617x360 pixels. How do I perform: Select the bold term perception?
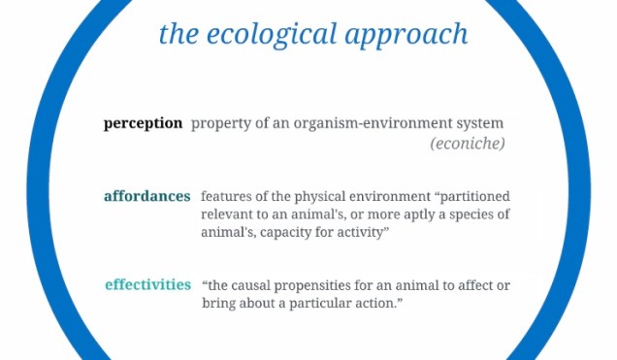[x=143, y=123]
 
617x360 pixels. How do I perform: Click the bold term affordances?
[x=147, y=196]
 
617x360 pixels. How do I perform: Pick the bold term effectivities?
[x=147, y=284]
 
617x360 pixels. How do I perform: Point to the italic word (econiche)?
[x=468, y=144]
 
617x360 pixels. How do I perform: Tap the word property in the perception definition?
[x=219, y=124]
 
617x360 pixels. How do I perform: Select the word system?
[x=478, y=124]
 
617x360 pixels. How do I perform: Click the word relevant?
[x=230, y=213]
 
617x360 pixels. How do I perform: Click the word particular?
[x=318, y=304]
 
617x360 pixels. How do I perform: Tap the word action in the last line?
[x=378, y=304]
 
